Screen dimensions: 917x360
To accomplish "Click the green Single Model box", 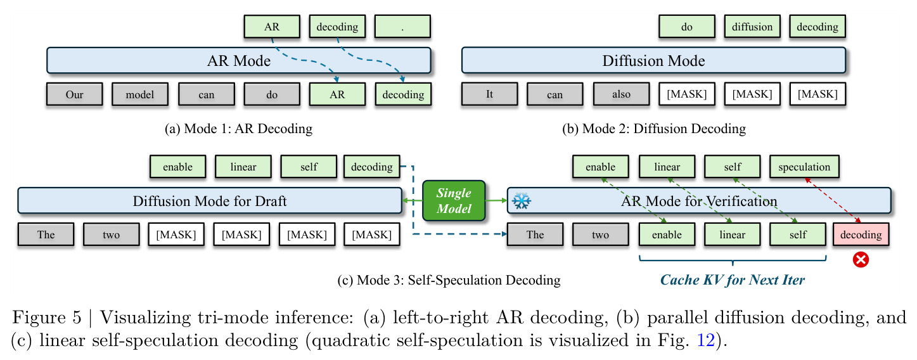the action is pos(454,201).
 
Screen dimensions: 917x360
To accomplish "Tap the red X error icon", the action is pos(861,260).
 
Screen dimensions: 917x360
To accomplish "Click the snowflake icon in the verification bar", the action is pos(522,201).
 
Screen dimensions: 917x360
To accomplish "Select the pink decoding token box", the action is pos(861,235).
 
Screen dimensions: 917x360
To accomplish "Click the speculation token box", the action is pos(804,167).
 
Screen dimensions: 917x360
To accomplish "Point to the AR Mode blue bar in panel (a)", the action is pos(239,61).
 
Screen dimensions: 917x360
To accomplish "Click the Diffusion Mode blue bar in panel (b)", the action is pos(653,61).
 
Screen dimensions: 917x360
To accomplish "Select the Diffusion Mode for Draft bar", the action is pos(210,201).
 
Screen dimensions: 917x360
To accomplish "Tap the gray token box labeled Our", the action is pos(75,94).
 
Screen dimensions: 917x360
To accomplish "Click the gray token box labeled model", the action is pos(140,94).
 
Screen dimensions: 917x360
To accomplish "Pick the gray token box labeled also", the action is pos(621,94).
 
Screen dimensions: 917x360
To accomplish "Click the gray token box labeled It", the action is pos(490,94).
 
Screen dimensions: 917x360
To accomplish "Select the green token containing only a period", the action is pos(402,27).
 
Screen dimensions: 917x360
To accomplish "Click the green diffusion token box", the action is pos(752,27).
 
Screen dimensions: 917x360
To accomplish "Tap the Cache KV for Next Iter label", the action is pos(733,280).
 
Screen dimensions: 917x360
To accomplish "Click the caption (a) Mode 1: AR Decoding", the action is pos(239,129).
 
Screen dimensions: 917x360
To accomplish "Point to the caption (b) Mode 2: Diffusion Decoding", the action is pos(654,129).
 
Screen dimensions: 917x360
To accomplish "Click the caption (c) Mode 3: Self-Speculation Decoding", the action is pos(449,280).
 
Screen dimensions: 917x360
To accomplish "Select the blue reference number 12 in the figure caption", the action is pos(706,340).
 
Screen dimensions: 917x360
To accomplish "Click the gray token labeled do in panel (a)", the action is pos(272,94).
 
